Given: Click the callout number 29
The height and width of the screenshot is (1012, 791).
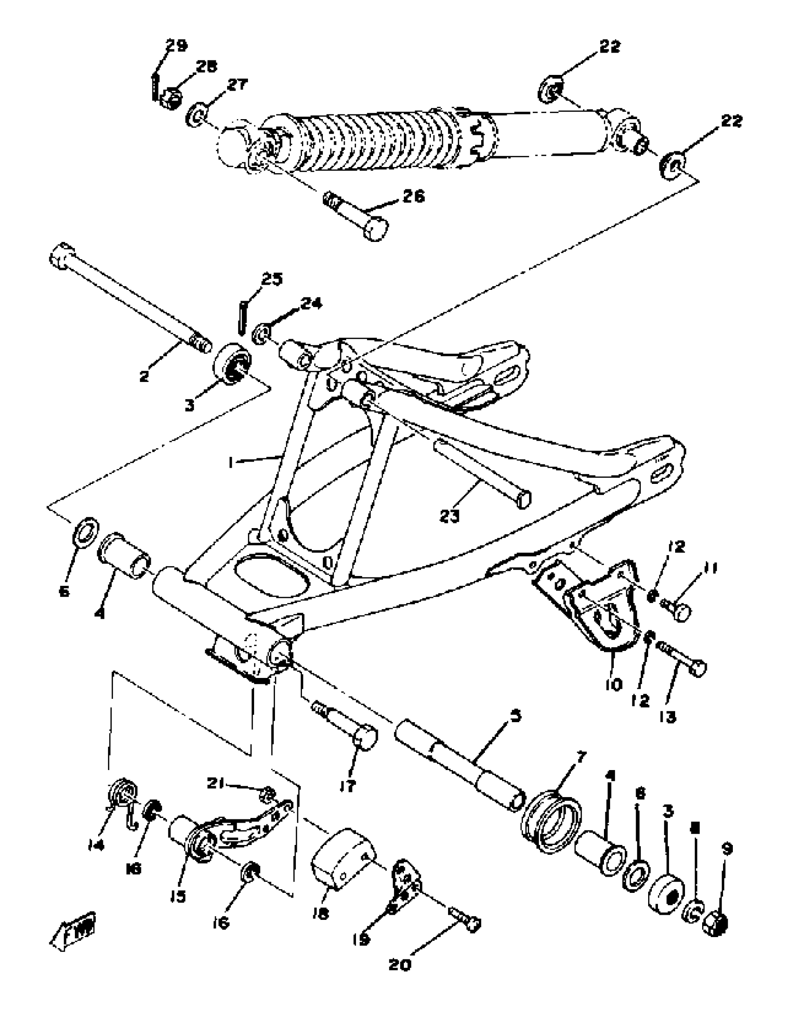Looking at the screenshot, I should click(176, 46).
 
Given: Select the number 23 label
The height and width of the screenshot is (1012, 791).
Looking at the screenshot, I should click(449, 516).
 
